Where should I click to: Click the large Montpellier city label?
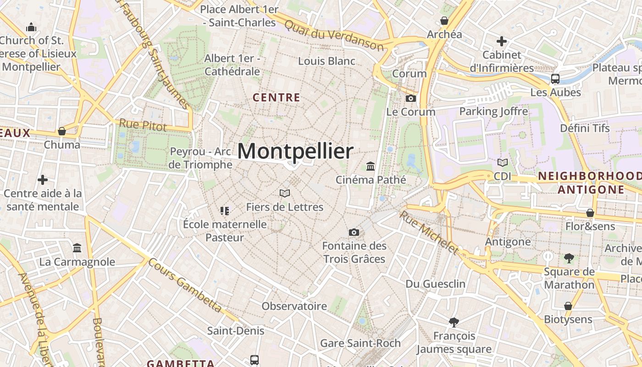click(295, 151)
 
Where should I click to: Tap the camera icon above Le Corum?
click(411, 98)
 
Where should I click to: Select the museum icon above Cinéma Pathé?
click(371, 166)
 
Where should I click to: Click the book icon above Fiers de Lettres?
click(285, 193)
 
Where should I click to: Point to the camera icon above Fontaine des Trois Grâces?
click(354, 232)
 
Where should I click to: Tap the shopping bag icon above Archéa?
click(444, 21)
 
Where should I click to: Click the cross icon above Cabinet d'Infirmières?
click(502, 41)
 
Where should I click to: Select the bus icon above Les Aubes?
click(555, 78)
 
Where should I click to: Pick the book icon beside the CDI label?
click(503, 162)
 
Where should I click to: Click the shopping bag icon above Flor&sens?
click(590, 213)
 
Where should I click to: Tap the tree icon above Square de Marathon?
click(569, 258)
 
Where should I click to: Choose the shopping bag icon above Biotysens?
click(568, 306)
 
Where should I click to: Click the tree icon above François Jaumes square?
click(454, 322)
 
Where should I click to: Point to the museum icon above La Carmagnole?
click(77, 248)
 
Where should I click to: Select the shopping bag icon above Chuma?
click(62, 131)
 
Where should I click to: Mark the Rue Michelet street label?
click(429, 232)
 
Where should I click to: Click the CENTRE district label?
click(277, 97)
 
